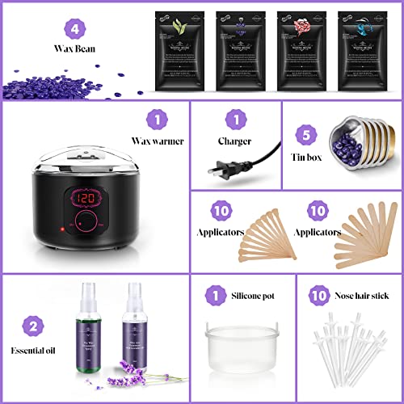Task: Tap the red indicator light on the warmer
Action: click(x=61, y=234)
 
